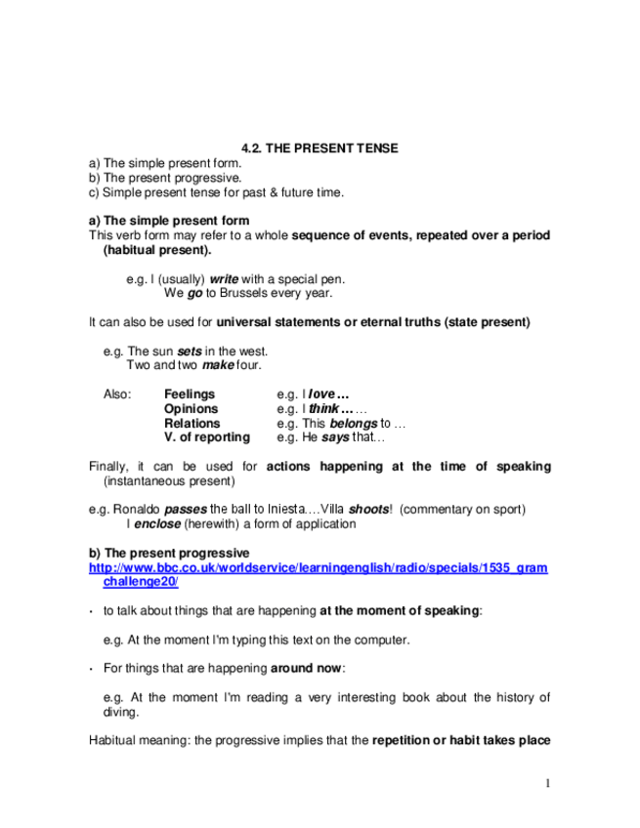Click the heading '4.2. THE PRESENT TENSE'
tap(320, 147)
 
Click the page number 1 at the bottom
tap(548, 783)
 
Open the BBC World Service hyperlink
tap(319, 567)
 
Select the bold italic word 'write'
tap(225, 278)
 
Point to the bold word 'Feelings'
tap(190, 394)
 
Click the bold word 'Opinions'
tap(192, 409)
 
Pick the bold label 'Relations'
tap(192, 424)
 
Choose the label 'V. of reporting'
tap(207, 437)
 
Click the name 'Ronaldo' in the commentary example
tap(137, 510)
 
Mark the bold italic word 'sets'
tap(189, 352)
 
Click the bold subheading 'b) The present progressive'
tap(169, 553)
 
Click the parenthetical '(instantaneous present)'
tap(168, 481)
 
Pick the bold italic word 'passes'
tap(185, 510)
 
